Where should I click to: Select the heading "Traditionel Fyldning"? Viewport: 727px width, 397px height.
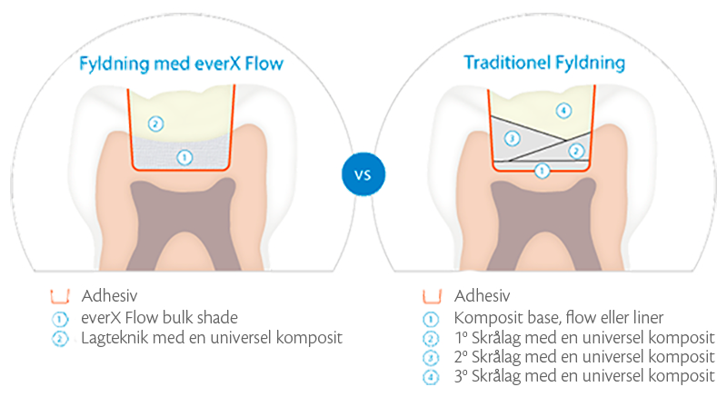(544, 64)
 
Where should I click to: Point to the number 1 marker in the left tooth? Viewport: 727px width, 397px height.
(185, 157)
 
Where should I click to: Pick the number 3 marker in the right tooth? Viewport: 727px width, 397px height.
(513, 138)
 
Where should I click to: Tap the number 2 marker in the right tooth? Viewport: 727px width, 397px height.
(575, 151)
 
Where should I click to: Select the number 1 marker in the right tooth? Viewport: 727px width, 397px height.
(542, 170)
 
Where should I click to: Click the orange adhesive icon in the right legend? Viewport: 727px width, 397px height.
(432, 297)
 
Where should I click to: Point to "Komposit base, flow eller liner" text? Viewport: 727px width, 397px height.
(561, 317)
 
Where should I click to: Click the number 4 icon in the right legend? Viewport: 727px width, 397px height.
(432, 376)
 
